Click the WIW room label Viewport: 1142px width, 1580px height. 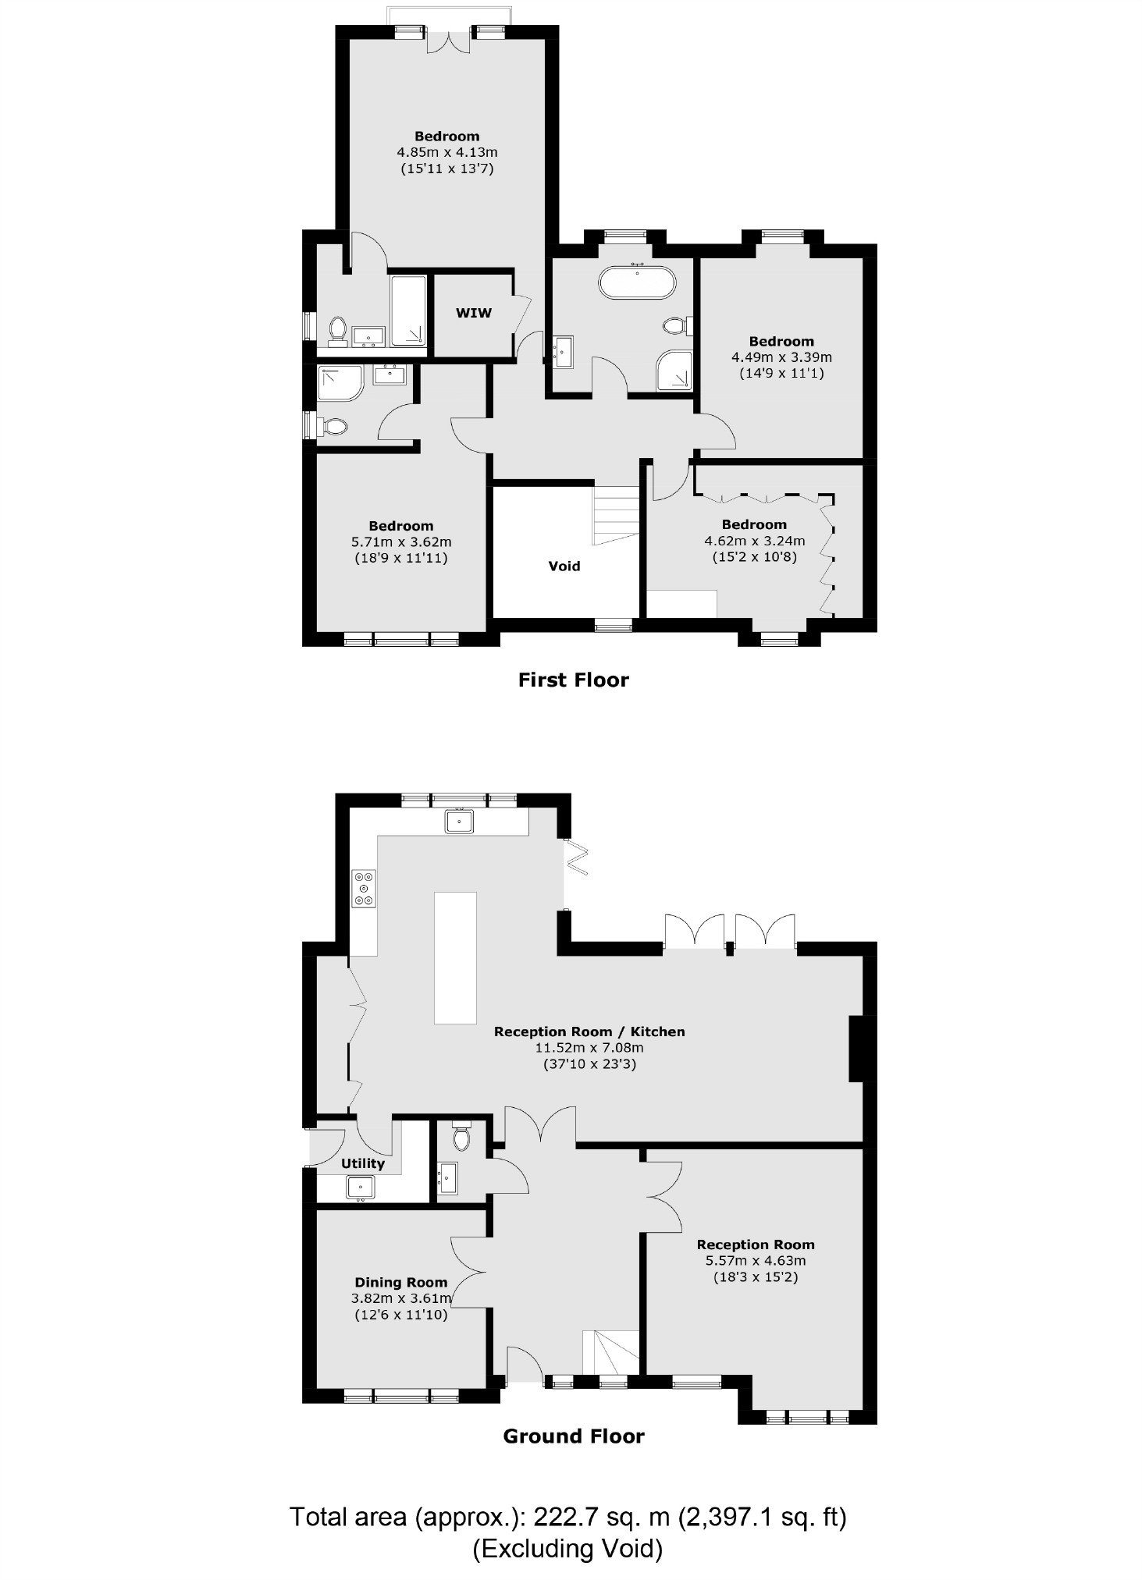tap(474, 313)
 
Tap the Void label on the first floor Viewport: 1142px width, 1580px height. tap(564, 566)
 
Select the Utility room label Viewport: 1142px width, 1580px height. tap(363, 1163)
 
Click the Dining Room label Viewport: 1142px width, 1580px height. tap(401, 1282)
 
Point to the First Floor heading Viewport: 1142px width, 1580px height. tap(574, 680)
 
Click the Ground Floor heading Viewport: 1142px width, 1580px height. tap(574, 1436)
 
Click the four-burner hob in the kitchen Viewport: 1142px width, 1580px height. tap(364, 888)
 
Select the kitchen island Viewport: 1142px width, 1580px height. tap(455, 957)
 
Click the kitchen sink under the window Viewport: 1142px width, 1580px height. tap(459, 821)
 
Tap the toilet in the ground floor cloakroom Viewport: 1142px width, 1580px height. tap(461, 1136)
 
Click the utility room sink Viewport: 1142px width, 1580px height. tap(361, 1188)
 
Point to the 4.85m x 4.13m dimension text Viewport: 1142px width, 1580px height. tap(448, 152)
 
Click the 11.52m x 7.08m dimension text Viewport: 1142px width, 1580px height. tap(589, 1048)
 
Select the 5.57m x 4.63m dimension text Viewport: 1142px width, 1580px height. tap(756, 1260)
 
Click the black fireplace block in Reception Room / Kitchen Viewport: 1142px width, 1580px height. tap(857, 1048)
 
